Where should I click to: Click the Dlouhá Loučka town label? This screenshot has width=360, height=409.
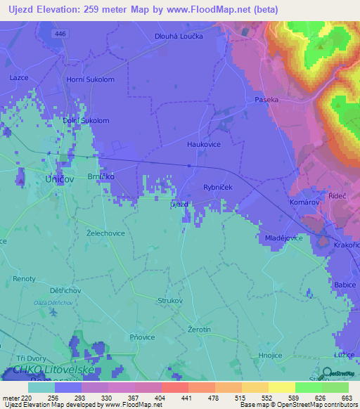tap(178, 34)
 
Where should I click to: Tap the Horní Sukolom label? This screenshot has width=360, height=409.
tap(90, 79)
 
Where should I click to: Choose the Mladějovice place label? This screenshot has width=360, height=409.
tap(283, 238)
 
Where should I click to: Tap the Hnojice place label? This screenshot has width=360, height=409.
tap(271, 356)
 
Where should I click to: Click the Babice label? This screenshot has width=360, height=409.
tap(345, 285)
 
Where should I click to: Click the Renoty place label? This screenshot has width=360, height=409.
tap(24, 279)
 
